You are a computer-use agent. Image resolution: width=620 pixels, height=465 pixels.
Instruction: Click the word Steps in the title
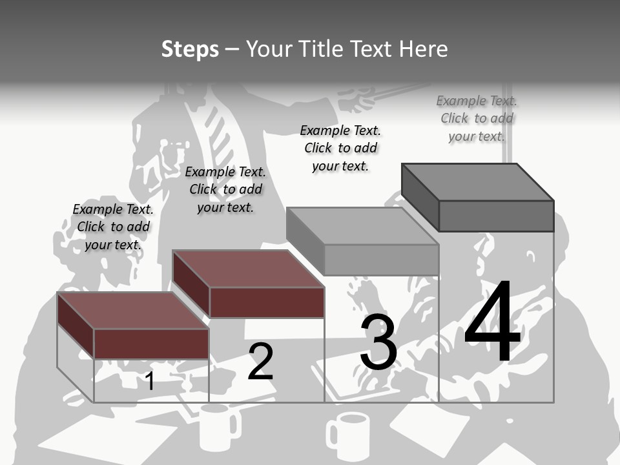(190, 49)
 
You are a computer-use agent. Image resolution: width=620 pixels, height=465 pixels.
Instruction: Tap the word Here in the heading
(424, 49)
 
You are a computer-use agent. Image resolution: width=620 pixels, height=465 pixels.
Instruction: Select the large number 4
(492, 323)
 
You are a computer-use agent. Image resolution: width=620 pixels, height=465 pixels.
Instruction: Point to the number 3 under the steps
(378, 342)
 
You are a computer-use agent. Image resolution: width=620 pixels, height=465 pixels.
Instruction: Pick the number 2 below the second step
(260, 362)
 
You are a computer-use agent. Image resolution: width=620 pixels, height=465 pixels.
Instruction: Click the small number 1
(150, 381)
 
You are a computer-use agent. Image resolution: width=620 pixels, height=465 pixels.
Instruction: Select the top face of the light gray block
(362, 226)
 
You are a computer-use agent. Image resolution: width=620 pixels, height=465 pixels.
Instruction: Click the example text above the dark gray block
(477, 118)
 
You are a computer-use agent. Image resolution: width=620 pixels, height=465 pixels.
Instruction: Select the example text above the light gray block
(340, 148)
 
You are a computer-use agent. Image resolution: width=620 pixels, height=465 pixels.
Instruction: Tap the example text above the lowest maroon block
(113, 227)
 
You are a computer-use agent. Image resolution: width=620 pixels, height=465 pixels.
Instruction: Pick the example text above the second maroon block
(225, 189)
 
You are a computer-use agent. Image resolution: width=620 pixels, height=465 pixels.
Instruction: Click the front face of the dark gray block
(496, 216)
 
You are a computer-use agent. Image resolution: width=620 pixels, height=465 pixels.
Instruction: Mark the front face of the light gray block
(381, 260)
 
